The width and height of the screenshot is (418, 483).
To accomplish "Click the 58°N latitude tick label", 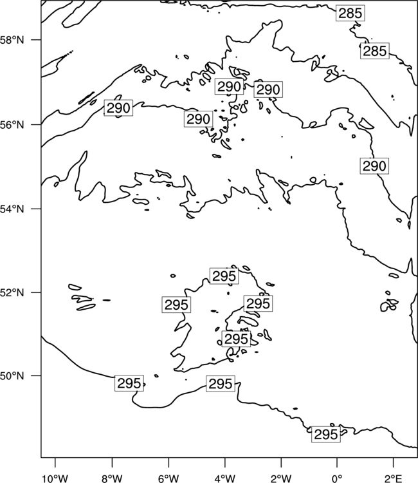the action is click(12, 40).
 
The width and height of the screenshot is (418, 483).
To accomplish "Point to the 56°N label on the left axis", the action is click(12, 125).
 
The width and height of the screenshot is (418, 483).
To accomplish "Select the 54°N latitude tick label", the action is click(12, 209).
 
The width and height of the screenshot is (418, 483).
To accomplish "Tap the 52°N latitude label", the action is click(12, 292).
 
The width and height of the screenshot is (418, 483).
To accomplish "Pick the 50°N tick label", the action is click(12, 376).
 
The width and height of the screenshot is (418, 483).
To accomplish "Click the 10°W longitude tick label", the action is click(55, 478).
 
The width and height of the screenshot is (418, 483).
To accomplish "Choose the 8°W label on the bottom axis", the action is click(112, 478).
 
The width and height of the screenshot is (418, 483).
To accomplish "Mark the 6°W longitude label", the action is click(168, 478).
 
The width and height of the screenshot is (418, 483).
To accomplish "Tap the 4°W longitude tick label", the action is click(225, 478).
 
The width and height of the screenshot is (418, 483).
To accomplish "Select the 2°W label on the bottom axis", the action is click(281, 478).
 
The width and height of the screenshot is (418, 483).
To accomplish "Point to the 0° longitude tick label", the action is click(337, 478).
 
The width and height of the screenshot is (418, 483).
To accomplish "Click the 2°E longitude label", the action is click(393, 478).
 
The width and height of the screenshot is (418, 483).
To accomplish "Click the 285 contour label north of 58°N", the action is click(350, 14).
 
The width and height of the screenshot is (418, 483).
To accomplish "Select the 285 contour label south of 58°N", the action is click(375, 51).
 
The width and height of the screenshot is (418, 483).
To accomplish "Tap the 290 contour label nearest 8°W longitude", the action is click(118, 108).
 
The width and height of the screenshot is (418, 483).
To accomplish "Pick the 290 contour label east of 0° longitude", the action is click(374, 166).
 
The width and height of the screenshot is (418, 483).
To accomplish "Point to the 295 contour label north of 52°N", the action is click(224, 276).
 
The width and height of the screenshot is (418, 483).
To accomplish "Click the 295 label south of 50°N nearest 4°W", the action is click(221, 384).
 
